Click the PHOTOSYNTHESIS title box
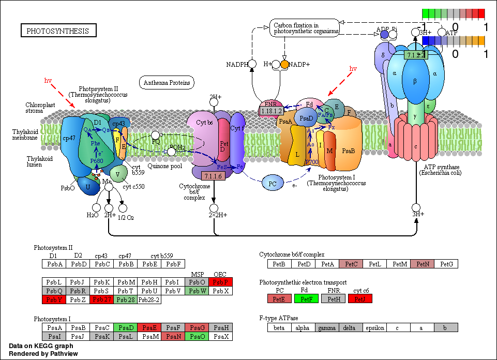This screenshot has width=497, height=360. [58, 31]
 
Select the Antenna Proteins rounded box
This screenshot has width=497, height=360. [167, 82]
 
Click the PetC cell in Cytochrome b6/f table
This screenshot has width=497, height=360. [351, 264]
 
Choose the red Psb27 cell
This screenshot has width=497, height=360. [101, 299]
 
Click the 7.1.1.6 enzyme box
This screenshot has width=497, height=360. [213, 177]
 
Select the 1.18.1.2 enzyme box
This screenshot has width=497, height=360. [271, 111]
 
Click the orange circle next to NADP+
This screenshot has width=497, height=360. [284, 64]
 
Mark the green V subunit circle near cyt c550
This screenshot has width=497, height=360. [118, 174]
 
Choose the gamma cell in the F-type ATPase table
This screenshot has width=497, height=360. [327, 327]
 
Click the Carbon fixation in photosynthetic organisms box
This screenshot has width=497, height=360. [304, 28]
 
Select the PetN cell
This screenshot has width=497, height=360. [423, 264]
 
